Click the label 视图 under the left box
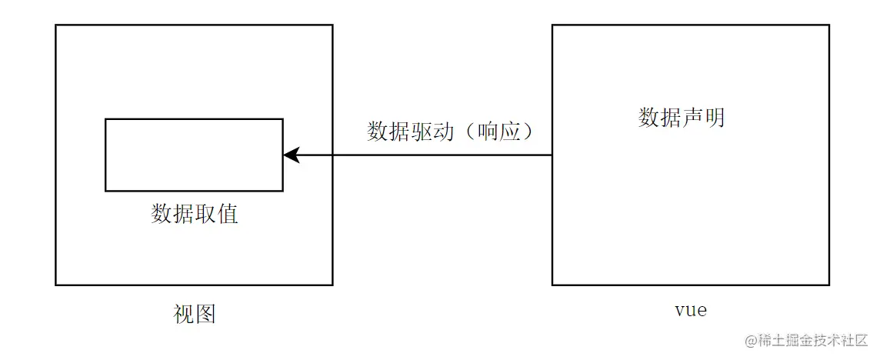click(x=195, y=314)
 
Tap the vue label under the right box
click(x=690, y=310)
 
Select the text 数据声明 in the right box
click(x=682, y=118)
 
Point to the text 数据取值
click(x=195, y=213)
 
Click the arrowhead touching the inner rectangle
click(x=290, y=155)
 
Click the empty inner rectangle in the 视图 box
click(x=194, y=155)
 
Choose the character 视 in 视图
click(x=184, y=314)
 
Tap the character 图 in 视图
click(x=205, y=314)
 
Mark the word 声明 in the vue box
click(x=703, y=118)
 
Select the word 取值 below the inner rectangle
click(x=216, y=213)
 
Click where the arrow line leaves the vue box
click(x=552, y=155)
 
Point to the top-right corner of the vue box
click(x=829, y=25)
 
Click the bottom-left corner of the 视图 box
click(x=55, y=285)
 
